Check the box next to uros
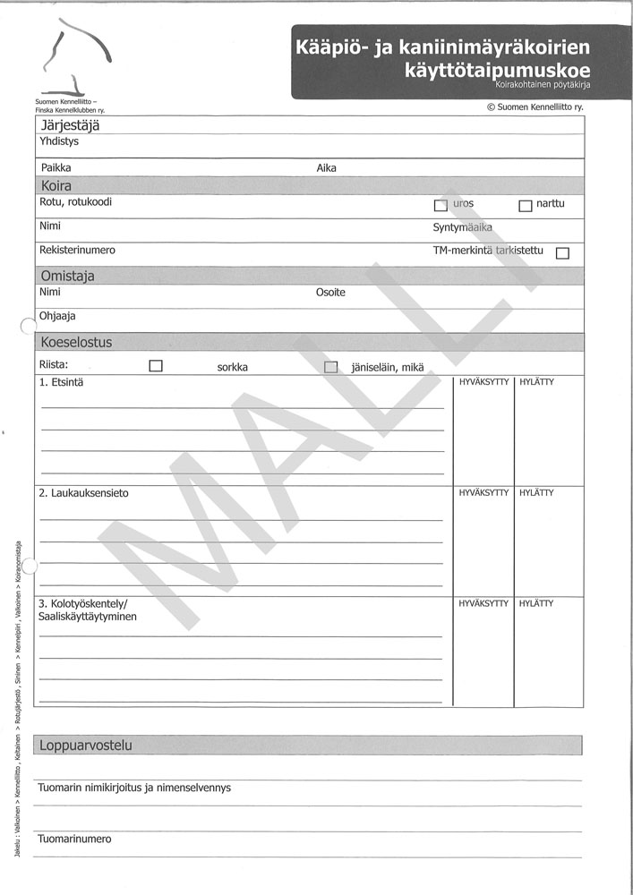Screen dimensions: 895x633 440,206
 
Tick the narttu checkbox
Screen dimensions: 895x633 526,206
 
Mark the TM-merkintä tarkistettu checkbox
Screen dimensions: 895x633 562,253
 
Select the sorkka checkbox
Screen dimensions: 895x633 156,366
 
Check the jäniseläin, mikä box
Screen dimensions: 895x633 331,367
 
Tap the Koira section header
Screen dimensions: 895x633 56,186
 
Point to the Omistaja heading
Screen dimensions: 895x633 67,277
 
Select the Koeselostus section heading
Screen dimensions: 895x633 76,342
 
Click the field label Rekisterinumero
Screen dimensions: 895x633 77,251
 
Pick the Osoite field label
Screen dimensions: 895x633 330,293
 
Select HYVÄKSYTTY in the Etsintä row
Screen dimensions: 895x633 483,382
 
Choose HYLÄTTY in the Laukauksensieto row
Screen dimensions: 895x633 536,492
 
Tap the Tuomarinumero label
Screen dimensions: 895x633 74,840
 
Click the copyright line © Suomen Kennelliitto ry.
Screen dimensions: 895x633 535,107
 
